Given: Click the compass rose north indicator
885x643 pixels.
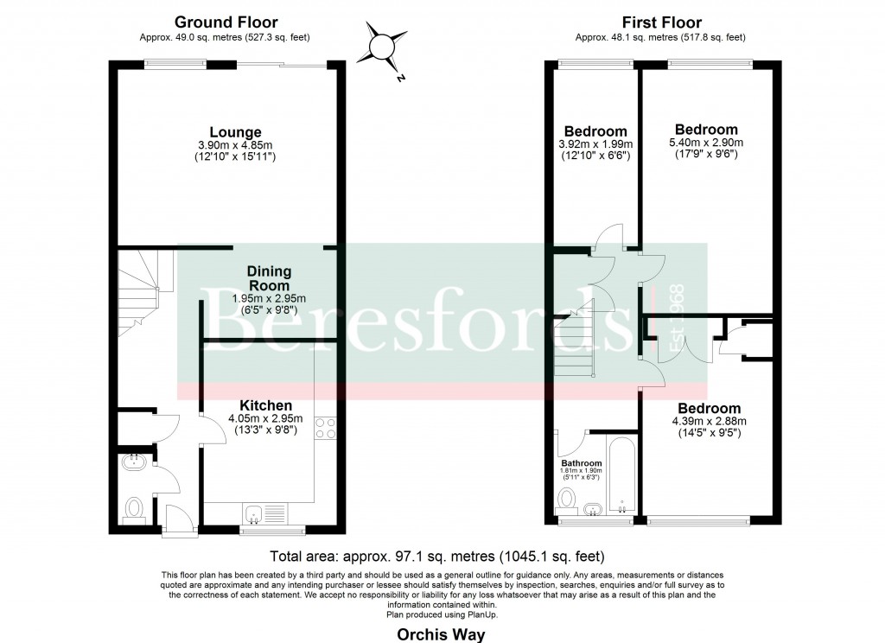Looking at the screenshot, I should pos(381,47).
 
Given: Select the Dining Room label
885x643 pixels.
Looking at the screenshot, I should pos(270,278).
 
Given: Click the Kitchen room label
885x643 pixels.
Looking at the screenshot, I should pos(265,405).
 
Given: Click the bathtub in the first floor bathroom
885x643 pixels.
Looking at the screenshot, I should pos(621,477).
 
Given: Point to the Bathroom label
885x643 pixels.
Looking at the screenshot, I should pos(581,463).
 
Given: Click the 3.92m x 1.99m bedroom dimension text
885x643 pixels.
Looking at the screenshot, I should pos(595,144).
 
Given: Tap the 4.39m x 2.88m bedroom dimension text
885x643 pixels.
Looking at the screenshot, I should pos(709,422).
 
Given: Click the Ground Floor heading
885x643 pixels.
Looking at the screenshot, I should pos(226,22).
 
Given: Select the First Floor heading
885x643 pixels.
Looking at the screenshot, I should pos(662,22).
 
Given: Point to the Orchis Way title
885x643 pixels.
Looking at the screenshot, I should pos(441,634).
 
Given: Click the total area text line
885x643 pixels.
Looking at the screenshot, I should pos(437,556).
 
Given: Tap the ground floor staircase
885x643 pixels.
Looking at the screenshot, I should pos(137,290).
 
